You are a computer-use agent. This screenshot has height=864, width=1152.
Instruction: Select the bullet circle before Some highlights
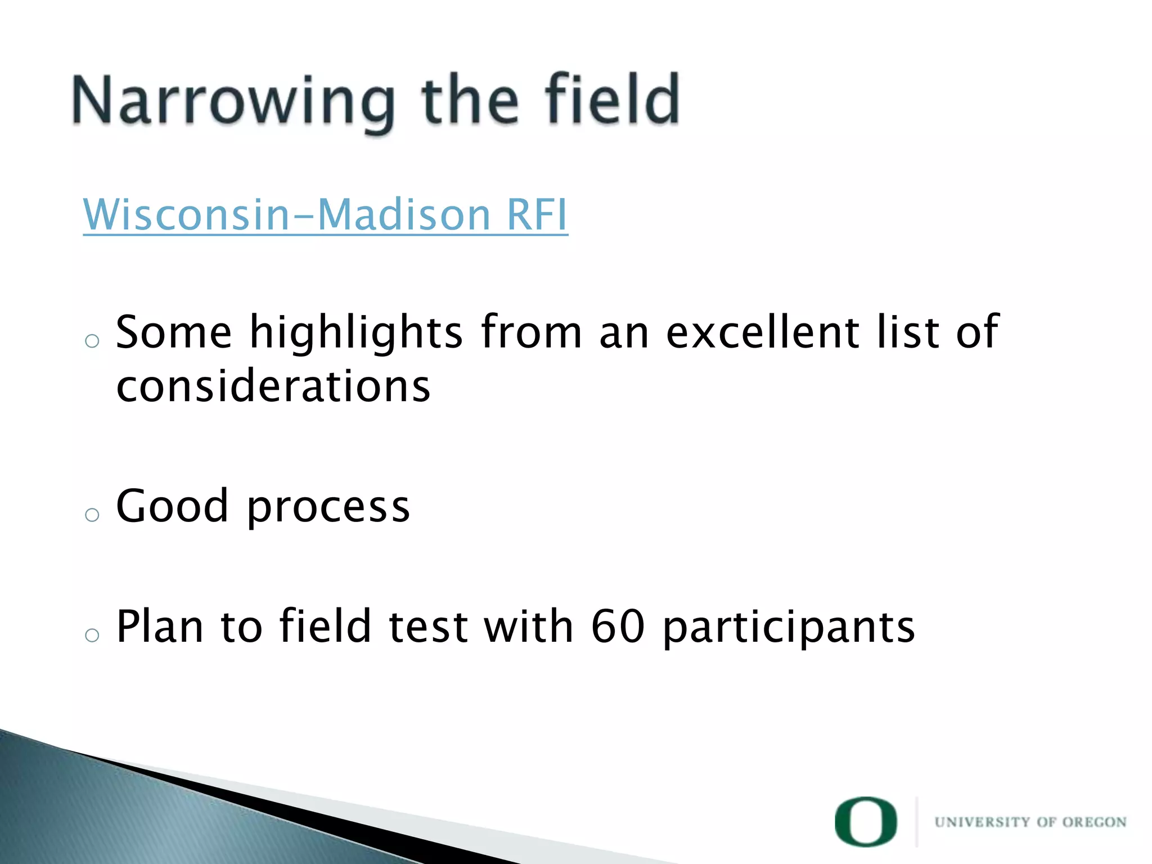92,341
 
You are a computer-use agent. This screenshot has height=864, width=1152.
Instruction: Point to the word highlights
356,333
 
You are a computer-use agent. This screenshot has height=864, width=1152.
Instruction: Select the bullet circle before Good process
92,514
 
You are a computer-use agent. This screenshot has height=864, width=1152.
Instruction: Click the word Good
172,506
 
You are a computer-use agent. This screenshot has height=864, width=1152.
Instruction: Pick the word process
328,508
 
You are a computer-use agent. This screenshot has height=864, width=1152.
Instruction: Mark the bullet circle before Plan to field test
92,635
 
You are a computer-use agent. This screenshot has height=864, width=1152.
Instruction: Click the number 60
618,626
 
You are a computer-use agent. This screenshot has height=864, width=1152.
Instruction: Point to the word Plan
160,626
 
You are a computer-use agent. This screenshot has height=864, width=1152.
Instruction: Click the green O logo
866,821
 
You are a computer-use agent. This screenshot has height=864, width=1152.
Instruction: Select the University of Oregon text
1030,822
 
